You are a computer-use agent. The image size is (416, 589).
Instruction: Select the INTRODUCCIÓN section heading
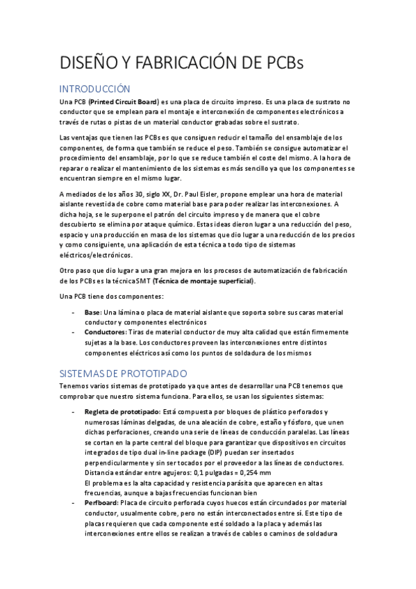click(x=94, y=89)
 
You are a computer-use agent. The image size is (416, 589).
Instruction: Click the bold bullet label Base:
click(x=92, y=314)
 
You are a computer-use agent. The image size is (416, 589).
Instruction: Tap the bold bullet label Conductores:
click(x=105, y=333)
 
